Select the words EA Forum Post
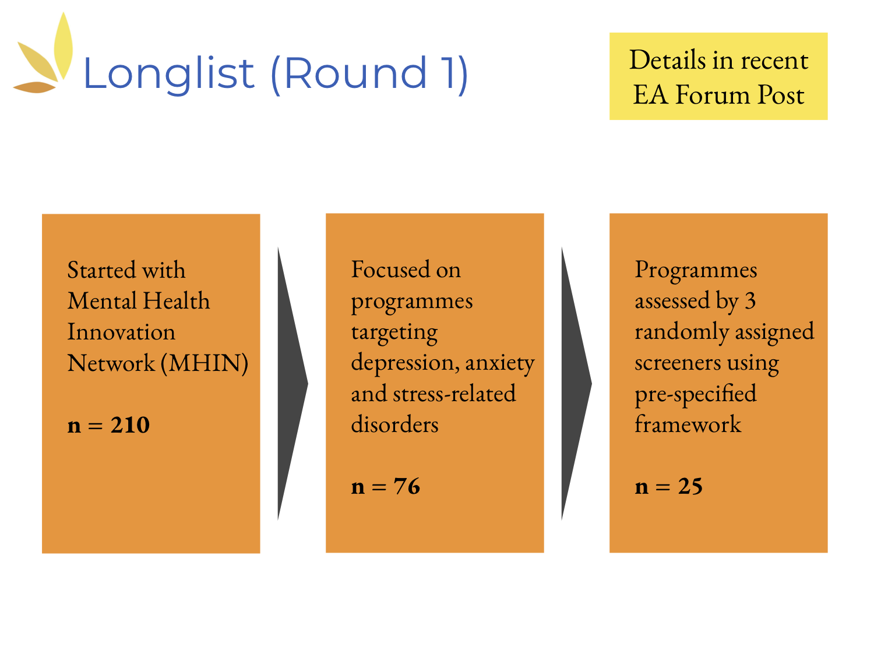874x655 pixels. tap(718, 95)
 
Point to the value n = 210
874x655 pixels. tap(108, 425)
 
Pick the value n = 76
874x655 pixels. tap(385, 486)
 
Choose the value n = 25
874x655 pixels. tap(668, 486)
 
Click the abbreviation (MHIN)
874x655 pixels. tap(205, 363)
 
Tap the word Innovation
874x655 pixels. tap(121, 332)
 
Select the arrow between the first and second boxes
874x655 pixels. tap(292, 384)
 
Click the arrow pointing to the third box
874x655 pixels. tap(576, 384)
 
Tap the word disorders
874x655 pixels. tap(394, 424)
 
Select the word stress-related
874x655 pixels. tap(454, 394)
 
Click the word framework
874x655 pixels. tap(688, 424)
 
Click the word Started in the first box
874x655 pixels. tap(101, 270)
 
